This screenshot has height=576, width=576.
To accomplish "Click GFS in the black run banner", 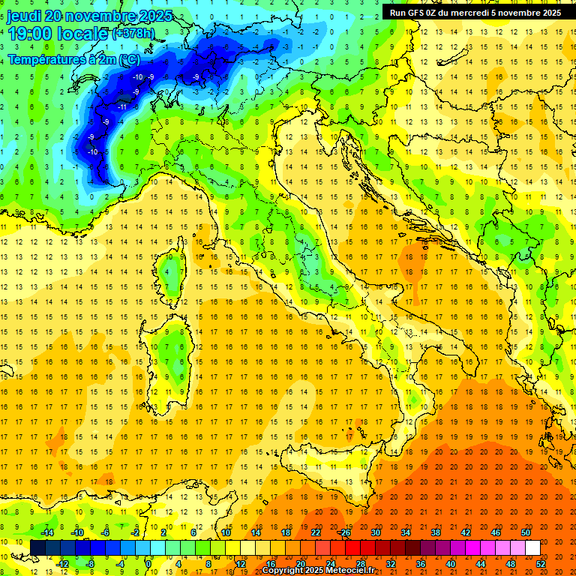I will tap(419, 13).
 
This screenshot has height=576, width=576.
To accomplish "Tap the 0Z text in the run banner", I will tap(438, 13).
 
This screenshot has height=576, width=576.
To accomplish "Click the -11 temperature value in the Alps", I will tap(121, 106).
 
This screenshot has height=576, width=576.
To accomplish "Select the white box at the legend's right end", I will tap(532, 547).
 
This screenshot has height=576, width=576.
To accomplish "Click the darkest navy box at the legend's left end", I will tap(37, 547).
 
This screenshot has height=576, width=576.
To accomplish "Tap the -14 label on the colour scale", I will tap(46, 532).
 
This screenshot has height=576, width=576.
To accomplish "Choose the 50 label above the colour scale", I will tap(526, 532).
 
